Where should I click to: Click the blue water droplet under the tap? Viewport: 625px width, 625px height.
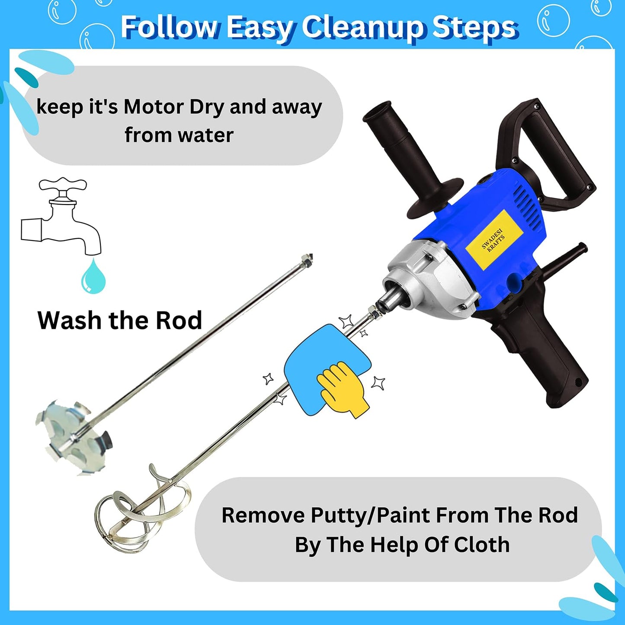[93, 277]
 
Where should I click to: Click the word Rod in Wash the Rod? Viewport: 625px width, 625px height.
[179, 321]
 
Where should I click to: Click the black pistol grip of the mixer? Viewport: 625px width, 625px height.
[541, 359]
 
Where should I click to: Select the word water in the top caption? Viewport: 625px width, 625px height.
[205, 135]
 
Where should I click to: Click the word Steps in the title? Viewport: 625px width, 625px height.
[474, 28]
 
